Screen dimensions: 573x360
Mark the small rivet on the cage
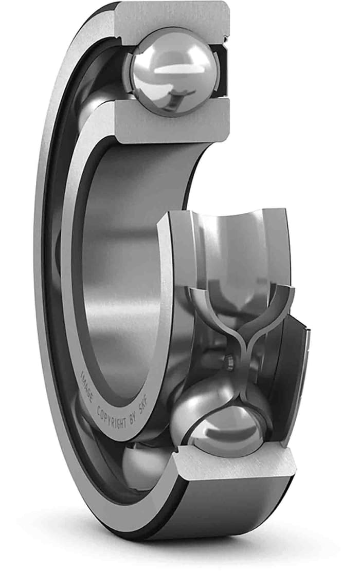228,362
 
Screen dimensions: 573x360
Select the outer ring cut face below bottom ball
237,465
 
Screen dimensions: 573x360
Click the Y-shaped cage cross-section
242,329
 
